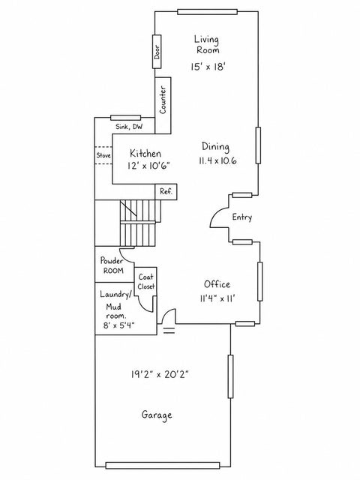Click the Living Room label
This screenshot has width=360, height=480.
click(207, 45)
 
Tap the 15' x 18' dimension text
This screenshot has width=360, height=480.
click(208, 67)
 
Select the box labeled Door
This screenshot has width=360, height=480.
click(157, 51)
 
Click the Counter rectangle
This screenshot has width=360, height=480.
click(163, 105)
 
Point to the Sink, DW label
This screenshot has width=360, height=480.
click(129, 127)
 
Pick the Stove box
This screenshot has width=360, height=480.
click(103, 155)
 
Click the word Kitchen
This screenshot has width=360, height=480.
click(145, 153)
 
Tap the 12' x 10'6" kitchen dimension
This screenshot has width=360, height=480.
click(148, 166)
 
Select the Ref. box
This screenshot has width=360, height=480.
click(166, 192)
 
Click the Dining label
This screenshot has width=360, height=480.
click(215, 147)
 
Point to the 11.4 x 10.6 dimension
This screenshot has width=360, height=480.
click(217, 160)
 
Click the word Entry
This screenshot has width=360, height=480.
click(242, 217)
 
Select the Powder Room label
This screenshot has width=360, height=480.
click(112, 265)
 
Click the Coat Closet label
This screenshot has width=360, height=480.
click(146, 282)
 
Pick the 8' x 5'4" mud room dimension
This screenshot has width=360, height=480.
click(118, 325)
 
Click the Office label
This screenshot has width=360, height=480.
click(217, 284)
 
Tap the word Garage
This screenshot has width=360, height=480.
click(157, 415)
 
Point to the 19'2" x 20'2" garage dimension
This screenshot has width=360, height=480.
click(160, 374)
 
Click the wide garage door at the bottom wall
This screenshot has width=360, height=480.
click(163, 466)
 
